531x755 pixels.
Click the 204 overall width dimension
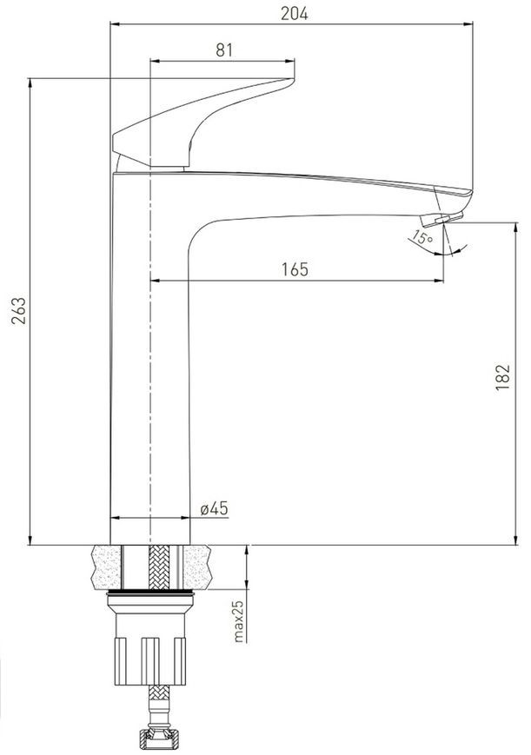tap(294, 14)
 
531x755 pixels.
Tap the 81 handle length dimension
tap(224, 50)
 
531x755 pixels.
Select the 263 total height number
tap(19, 310)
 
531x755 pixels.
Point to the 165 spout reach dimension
tap(295, 269)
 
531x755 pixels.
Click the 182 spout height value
tap(502, 377)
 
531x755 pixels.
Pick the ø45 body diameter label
tap(214, 508)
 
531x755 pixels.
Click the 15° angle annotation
tap(422, 238)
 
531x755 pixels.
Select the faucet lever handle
tap(203, 123)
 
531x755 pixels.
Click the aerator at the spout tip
tap(441, 218)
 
